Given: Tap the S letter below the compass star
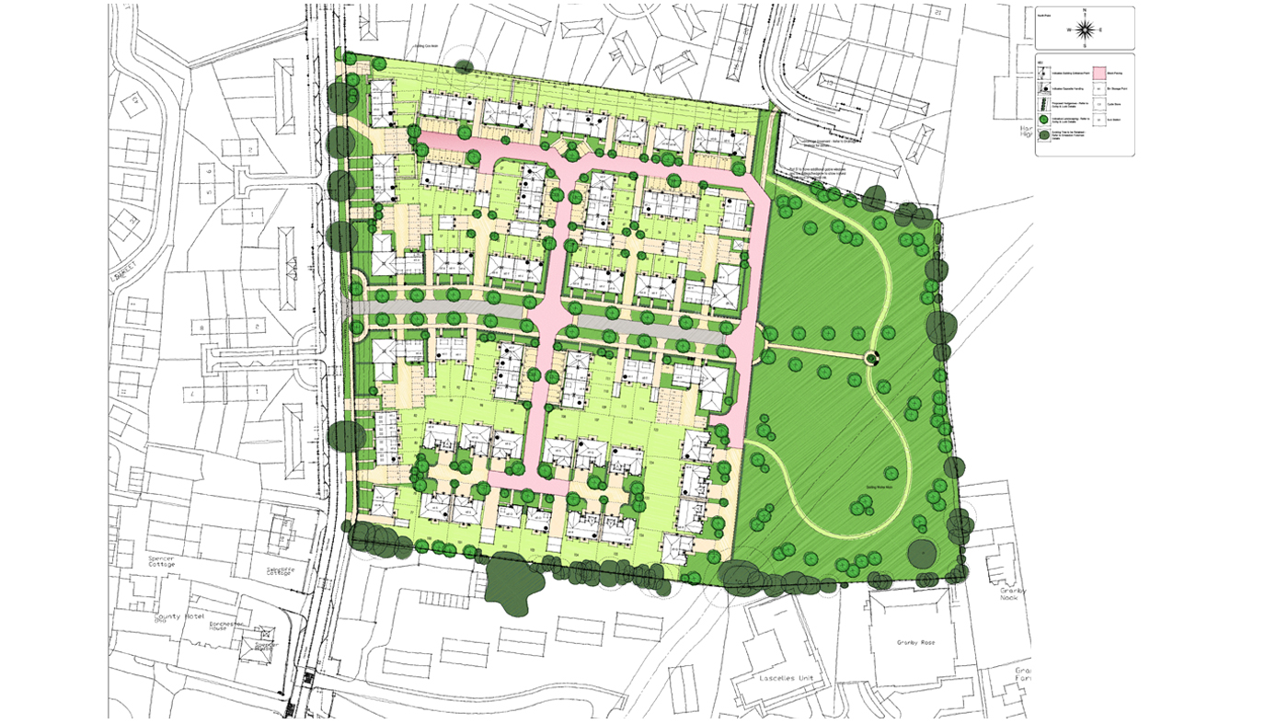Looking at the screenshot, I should (1085, 45).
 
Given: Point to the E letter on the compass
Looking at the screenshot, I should (1101, 29).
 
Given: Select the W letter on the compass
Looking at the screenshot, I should (1068, 29).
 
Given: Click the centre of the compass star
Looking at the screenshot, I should (1085, 29).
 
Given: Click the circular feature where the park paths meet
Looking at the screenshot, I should (871, 359).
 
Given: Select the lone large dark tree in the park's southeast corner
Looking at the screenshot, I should (922, 553).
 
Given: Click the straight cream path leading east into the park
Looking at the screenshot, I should (814, 351).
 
